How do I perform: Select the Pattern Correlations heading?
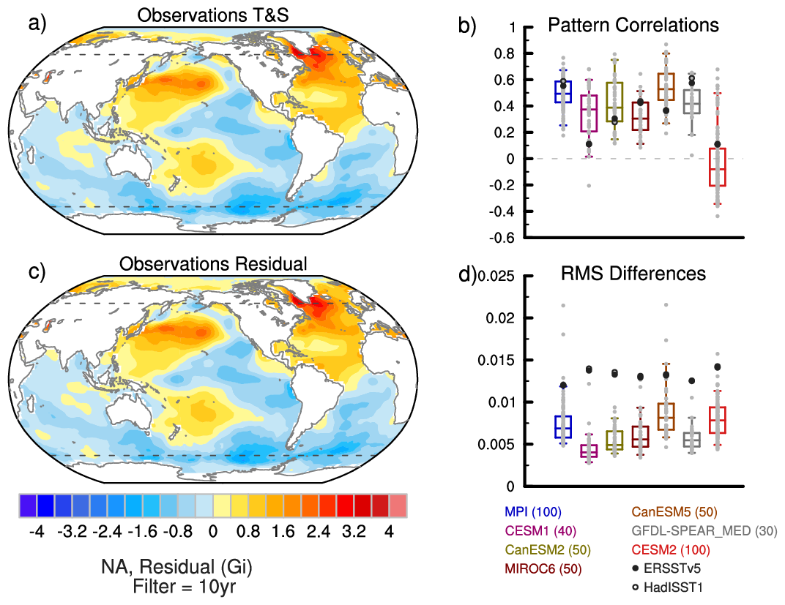(x=634, y=25)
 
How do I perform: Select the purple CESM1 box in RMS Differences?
(x=589, y=450)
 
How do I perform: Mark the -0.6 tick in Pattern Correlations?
(x=506, y=238)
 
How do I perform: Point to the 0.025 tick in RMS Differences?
(x=500, y=276)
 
